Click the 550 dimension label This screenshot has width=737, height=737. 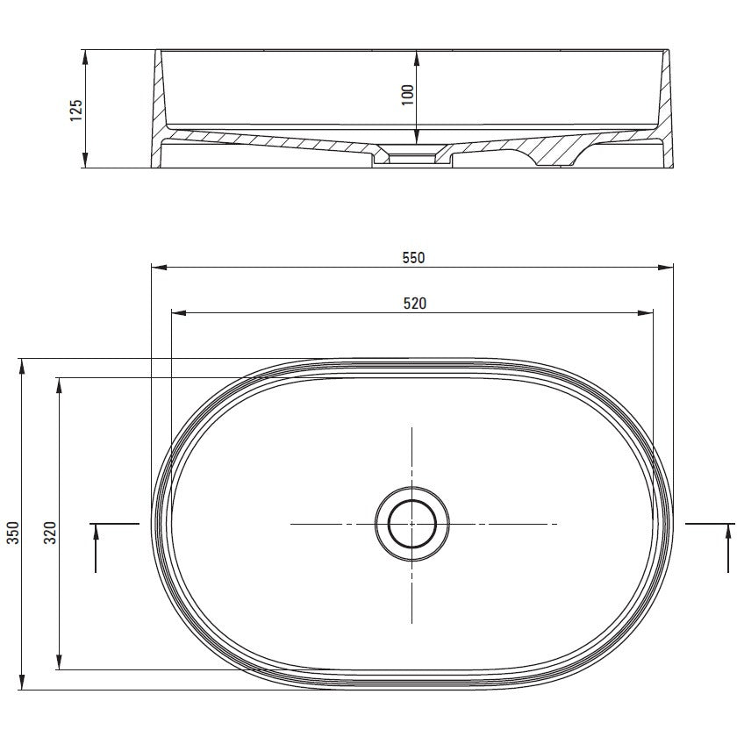[x=413, y=258]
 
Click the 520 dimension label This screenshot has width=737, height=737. [x=414, y=304]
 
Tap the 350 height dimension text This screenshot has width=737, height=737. [x=13, y=533]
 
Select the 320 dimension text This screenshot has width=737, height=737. [x=50, y=533]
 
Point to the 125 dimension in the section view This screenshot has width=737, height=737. [x=76, y=111]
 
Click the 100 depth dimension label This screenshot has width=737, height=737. [x=408, y=95]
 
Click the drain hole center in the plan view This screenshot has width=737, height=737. [x=412, y=524]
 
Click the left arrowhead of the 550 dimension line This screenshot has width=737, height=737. [x=159, y=268]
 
